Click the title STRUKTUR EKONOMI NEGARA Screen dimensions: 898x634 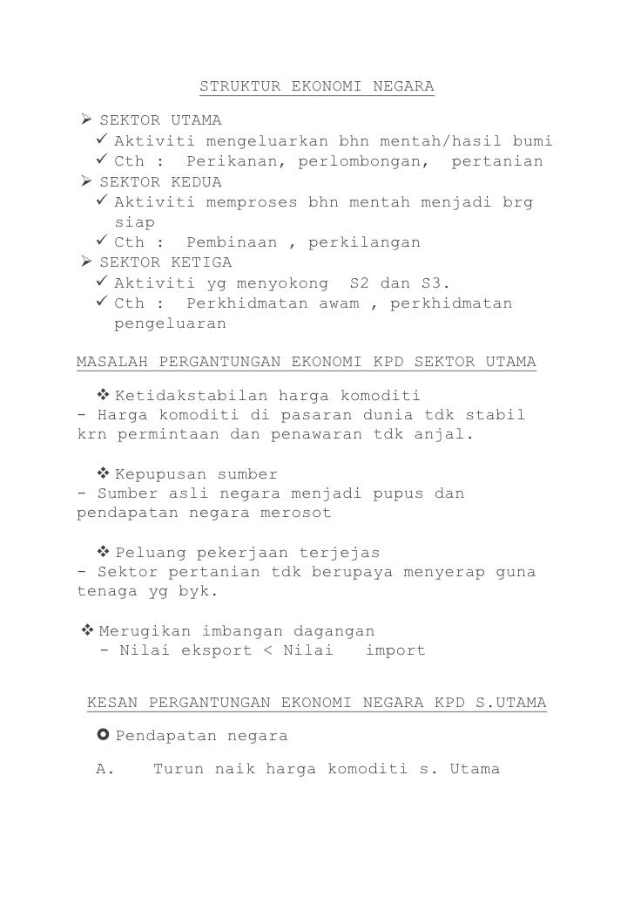[317, 87]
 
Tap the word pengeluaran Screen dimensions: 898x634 [170, 323]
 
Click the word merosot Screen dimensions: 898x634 [296, 513]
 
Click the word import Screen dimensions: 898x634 [395, 650]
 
